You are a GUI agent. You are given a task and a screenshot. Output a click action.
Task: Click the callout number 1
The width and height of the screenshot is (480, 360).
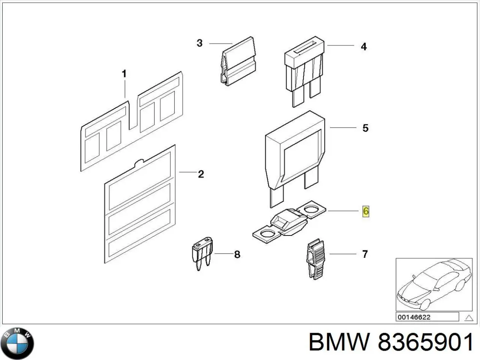[x=124, y=74]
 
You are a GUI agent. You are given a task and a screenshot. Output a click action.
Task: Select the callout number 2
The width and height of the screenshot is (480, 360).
[x=201, y=174]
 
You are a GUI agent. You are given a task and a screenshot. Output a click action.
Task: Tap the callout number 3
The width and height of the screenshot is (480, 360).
[x=199, y=43]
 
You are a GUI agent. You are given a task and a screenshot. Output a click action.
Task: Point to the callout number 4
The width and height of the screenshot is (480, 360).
[x=363, y=46]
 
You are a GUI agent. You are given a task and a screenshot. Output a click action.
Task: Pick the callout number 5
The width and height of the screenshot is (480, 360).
[x=365, y=128]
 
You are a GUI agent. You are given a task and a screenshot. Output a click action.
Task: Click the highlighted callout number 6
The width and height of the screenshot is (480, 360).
[x=366, y=211]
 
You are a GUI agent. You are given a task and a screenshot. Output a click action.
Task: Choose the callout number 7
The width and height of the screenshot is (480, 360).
[x=365, y=254]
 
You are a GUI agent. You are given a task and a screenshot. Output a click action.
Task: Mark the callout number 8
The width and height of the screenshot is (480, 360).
[x=237, y=255]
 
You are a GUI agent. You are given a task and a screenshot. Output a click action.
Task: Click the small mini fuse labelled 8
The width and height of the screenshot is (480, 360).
[x=202, y=253]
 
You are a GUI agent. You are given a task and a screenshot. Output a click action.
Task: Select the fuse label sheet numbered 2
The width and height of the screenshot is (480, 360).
[x=139, y=204]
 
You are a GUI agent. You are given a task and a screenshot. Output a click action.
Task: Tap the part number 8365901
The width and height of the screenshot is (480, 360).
[x=425, y=343]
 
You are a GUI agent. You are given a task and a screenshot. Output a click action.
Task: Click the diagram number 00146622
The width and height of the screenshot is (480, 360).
[x=414, y=317]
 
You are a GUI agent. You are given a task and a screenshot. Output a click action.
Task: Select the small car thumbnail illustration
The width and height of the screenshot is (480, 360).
[x=434, y=284]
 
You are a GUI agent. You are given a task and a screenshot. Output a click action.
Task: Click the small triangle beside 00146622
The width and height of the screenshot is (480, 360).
[x=468, y=318]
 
